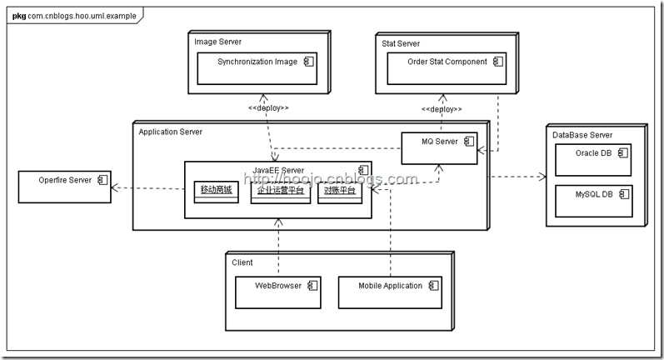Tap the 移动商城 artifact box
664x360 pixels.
(x=216, y=191)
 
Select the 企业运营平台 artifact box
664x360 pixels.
(x=279, y=191)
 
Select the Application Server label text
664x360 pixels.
(x=170, y=132)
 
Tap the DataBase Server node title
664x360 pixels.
(x=582, y=135)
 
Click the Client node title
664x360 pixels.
(x=242, y=262)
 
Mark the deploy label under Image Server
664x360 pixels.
(x=268, y=108)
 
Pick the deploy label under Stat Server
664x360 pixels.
(x=442, y=109)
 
